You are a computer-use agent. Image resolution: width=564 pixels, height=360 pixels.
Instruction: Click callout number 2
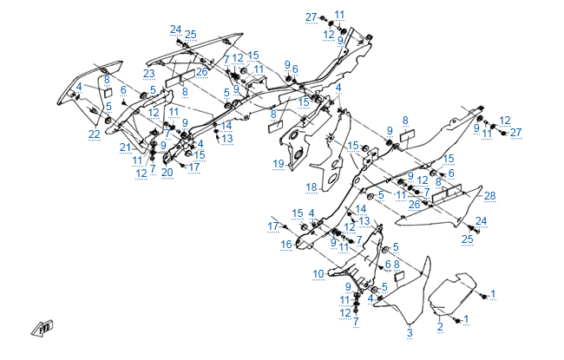(x=440, y=327)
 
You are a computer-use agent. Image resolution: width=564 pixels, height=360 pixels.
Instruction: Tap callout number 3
(x=410, y=332)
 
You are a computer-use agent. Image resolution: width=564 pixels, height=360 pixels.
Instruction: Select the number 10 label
(x=318, y=274)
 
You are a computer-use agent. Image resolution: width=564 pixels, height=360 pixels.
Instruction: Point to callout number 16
(x=285, y=245)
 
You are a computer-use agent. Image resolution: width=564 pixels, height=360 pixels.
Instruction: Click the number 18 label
(x=311, y=187)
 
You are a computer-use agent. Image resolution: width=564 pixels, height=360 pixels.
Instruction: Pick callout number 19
(x=279, y=163)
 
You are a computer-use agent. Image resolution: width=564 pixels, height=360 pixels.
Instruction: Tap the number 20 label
(x=167, y=172)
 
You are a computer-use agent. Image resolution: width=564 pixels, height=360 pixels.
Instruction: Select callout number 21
(x=125, y=147)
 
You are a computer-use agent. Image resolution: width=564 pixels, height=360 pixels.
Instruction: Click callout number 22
(x=94, y=134)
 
